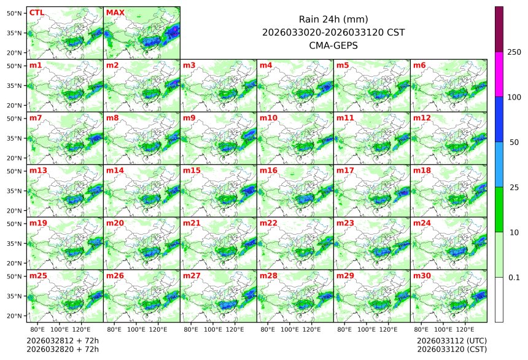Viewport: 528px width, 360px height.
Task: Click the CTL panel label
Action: (x=36, y=12)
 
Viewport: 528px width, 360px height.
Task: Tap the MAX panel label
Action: (x=115, y=12)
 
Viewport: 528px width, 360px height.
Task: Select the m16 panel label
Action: (x=268, y=170)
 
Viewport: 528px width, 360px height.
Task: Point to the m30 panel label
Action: (x=422, y=276)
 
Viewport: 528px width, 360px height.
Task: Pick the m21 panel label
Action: (x=192, y=223)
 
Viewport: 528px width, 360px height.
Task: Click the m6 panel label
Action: (x=419, y=65)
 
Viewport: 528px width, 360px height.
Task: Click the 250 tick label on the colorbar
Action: (x=514, y=52)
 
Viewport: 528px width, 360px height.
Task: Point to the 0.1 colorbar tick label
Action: (x=514, y=278)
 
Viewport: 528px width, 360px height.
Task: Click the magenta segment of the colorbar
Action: (x=499, y=74)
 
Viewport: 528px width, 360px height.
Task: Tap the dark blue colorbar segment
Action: (x=499, y=119)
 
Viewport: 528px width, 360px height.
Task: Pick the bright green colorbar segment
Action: (x=499, y=209)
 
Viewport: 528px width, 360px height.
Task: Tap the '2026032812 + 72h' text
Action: (x=63, y=340)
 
